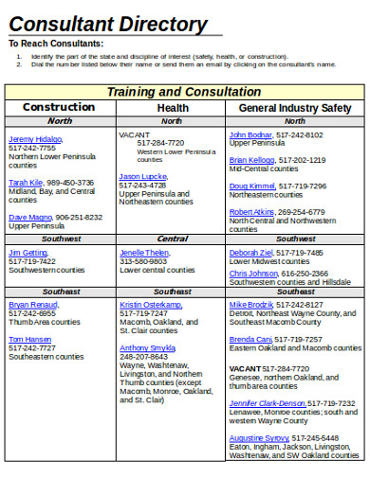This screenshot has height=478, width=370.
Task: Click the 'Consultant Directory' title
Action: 108,24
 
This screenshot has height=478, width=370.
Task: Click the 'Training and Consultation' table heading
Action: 183,92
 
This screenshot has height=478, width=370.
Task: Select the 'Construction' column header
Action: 59,108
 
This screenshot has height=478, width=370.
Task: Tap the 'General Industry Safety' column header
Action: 294,108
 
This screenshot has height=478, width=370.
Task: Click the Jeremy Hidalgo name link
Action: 35,139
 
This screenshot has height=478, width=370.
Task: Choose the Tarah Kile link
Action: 26,182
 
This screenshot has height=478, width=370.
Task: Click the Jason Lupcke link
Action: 143,176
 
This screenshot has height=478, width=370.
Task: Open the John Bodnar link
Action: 250,134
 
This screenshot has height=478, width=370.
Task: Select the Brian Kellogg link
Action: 253,160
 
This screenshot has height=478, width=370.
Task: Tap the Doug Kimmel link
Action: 252,186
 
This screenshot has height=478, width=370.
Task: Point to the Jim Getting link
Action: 28,253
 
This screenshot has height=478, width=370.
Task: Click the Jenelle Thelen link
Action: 144,253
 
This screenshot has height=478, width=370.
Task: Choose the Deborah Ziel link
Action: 251,253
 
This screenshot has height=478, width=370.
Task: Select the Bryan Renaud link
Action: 33,305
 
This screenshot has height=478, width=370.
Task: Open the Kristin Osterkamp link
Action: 151,305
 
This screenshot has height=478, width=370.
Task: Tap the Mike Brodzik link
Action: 251,305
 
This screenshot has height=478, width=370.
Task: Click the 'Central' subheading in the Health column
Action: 172,239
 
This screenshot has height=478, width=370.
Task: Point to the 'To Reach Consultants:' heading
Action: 56,44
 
